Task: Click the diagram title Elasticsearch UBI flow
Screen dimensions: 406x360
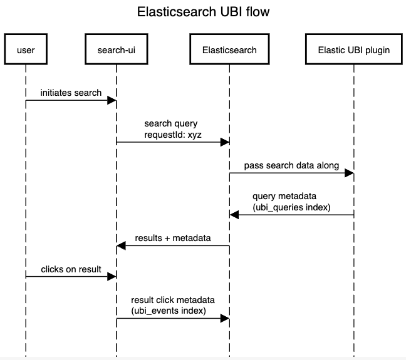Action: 203,12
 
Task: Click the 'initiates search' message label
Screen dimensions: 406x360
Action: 71,93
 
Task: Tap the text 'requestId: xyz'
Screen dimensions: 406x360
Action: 173,135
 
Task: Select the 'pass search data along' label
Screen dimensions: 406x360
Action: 291,166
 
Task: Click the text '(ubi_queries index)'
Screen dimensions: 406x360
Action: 291,207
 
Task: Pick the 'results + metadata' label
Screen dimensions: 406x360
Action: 173,238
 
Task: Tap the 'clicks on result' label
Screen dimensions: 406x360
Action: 71,269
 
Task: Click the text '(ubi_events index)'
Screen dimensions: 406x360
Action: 169,311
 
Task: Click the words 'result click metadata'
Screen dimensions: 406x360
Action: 173,300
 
